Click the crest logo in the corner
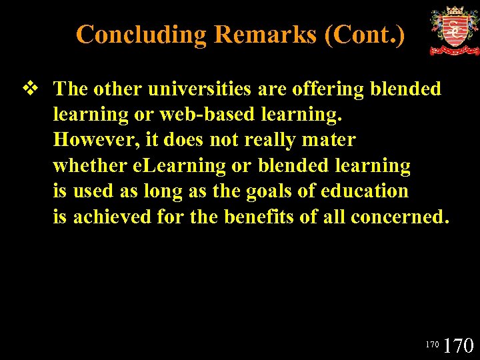pos(453,31)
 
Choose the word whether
pos(87,165)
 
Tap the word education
pos(364,191)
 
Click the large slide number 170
pos(459,345)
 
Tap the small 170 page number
pos(432,345)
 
